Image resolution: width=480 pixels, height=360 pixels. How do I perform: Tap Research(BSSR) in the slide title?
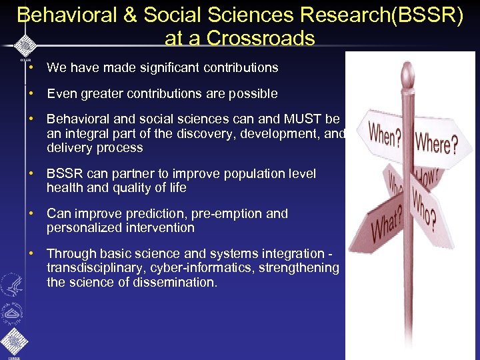click(383, 15)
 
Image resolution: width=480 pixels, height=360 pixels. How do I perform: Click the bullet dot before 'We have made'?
click(31, 67)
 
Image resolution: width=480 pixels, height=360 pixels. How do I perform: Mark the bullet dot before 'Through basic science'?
click(31, 254)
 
